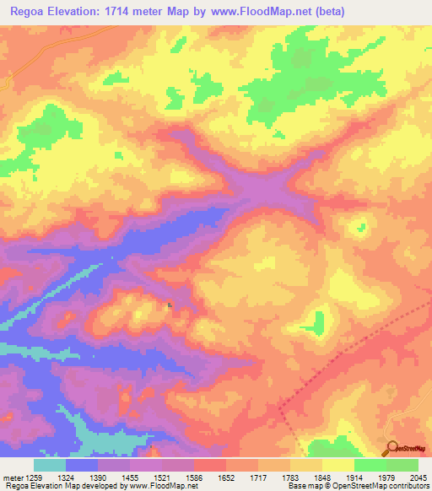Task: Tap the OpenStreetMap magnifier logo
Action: pos(391,448)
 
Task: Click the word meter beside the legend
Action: pos(12,477)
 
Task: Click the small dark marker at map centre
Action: pos(170,305)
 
